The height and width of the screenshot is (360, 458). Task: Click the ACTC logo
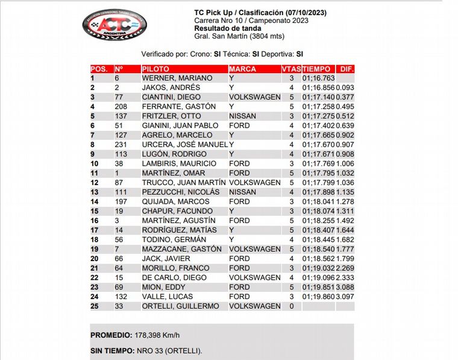click(x=114, y=25)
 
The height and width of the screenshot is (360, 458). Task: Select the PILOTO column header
click(x=156, y=69)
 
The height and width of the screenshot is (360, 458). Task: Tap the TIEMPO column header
click(x=317, y=69)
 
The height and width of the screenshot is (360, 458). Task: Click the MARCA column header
click(x=242, y=69)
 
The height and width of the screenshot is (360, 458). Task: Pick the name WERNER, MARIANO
click(x=177, y=78)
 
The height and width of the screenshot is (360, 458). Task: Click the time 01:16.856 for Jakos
click(x=319, y=87)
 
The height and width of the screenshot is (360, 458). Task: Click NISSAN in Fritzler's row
click(x=242, y=116)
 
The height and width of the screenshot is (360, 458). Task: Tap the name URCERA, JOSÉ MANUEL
click(x=184, y=145)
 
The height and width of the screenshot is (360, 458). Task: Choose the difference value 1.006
click(x=346, y=163)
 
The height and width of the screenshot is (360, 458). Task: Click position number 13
click(x=94, y=192)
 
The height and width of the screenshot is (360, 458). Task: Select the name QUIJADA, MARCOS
click(x=175, y=201)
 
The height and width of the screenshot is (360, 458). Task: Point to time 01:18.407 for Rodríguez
click(x=319, y=230)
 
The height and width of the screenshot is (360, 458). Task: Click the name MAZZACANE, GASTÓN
click(x=180, y=249)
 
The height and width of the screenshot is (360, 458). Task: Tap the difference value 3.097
click(x=346, y=297)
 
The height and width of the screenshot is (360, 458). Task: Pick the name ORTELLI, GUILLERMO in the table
click(x=180, y=306)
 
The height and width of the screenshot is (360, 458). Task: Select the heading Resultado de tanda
click(x=227, y=28)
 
